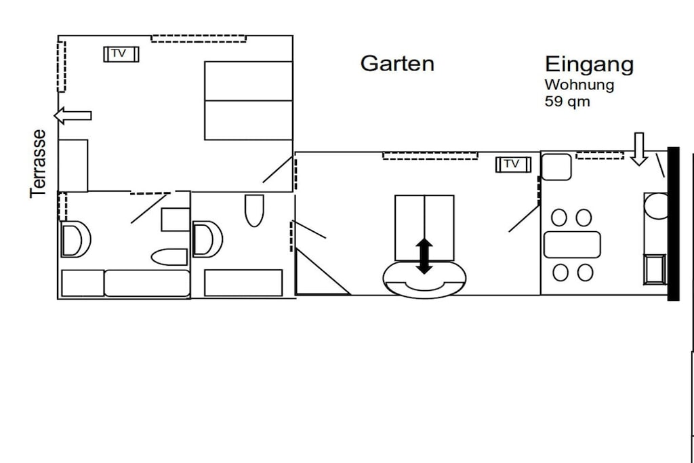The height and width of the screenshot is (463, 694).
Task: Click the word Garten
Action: pos(397,63)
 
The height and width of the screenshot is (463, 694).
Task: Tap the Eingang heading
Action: pos(589,64)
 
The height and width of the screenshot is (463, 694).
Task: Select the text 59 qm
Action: pos(567,102)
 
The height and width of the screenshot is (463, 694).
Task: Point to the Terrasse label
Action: pos(38,163)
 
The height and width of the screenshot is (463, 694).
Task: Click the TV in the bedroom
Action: pos(121,54)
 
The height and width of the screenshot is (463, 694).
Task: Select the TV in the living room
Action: pos(513,164)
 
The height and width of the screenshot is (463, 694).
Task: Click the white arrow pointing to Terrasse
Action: pos(73,115)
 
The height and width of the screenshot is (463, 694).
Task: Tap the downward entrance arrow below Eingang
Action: pos(639,149)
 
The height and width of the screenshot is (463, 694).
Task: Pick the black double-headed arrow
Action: pos(424,256)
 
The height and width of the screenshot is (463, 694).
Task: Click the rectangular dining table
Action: pos(572,244)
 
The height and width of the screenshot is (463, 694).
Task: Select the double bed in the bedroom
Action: pos(248,100)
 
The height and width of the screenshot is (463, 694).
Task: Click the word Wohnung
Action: pos(579,85)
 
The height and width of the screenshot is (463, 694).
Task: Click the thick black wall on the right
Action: pos(673,224)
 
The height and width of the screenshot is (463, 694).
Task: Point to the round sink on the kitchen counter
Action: pos(656,206)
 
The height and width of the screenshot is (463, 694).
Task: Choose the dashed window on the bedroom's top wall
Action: pos(199,39)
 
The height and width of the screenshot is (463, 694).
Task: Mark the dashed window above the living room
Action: pos(430,156)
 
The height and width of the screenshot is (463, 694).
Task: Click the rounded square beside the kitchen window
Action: pos(556,167)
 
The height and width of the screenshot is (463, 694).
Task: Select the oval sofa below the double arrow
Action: pos(424,280)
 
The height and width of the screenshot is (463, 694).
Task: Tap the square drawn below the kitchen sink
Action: pos(655,269)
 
